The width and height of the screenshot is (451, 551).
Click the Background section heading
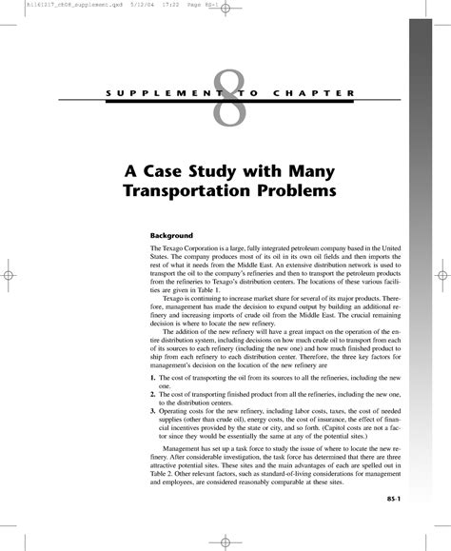[172, 234]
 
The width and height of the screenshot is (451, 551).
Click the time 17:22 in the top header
[125, 5]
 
